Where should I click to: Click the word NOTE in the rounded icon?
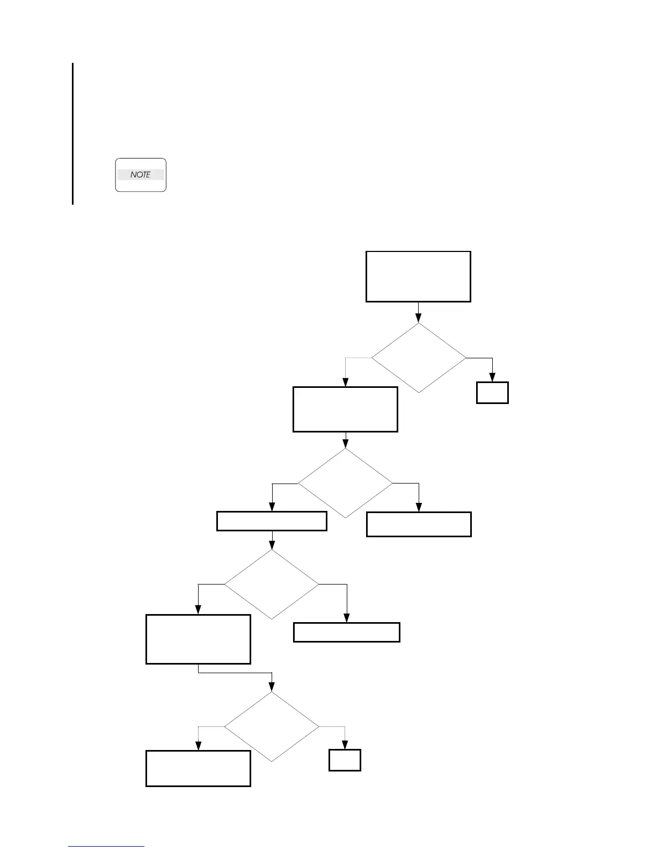point(141,175)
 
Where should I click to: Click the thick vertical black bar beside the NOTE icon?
point(72,134)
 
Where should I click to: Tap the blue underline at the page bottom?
point(106,846)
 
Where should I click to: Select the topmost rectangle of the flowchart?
point(418,276)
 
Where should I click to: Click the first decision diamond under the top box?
point(419,358)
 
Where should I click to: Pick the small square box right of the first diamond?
point(492,393)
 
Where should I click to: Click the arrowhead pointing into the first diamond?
point(418,318)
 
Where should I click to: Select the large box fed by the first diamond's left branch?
point(345,409)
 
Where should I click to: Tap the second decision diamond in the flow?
point(345,483)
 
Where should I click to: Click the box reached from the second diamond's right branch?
point(419,524)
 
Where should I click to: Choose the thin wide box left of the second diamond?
point(272,521)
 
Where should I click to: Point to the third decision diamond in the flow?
point(272,584)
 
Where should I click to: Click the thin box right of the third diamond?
point(346,632)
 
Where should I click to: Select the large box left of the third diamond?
point(198,639)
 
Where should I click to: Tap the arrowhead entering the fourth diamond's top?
point(272,687)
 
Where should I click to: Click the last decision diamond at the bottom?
point(272,727)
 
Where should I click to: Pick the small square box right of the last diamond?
point(345,760)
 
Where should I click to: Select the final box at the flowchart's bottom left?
point(198,768)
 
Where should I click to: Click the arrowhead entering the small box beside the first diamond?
point(492,377)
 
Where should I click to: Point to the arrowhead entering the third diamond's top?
point(272,545)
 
